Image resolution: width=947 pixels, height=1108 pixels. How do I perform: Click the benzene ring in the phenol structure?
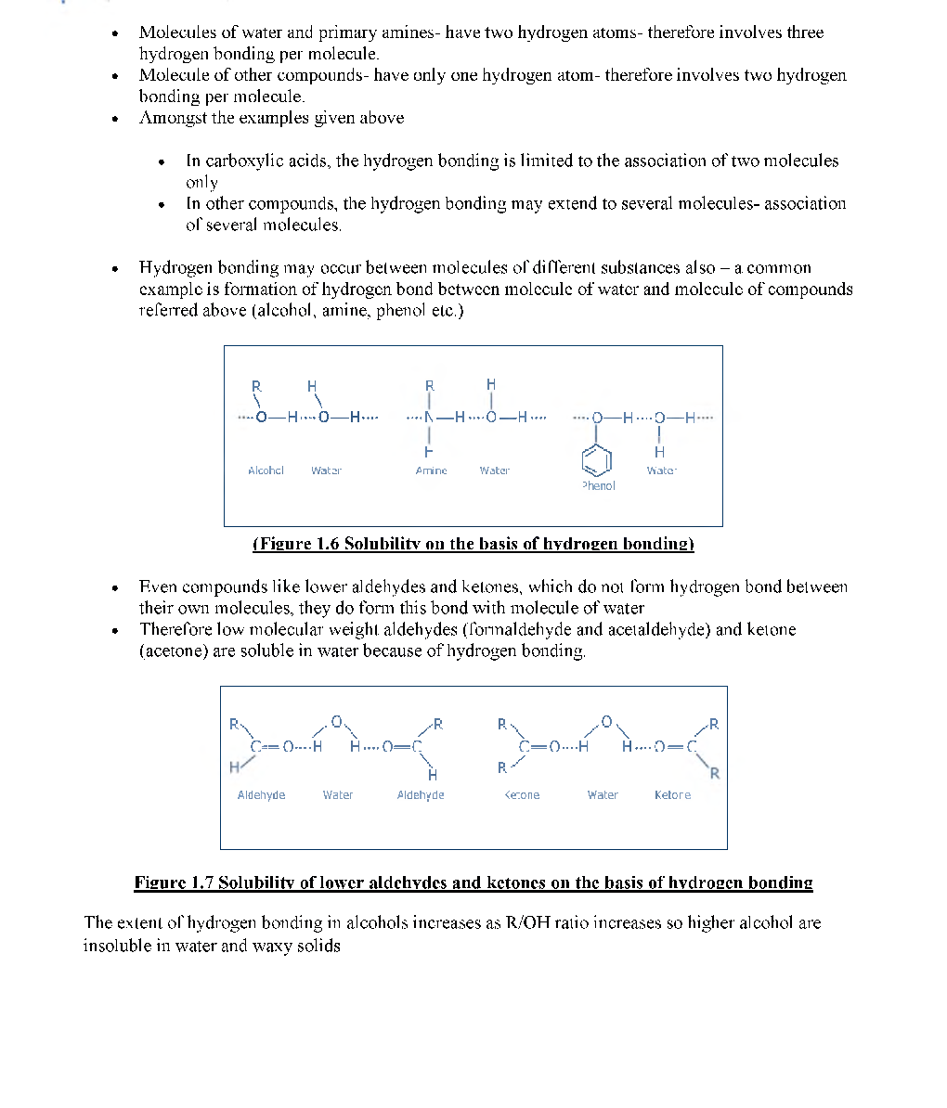[x=598, y=459]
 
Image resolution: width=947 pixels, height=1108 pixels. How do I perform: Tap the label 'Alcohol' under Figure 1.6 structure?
[x=266, y=470]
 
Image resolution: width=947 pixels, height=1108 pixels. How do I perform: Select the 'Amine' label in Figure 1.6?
[x=431, y=470]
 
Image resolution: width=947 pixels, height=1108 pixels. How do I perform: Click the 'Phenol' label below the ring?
[x=598, y=485]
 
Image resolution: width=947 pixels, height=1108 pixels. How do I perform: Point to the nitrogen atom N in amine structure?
[x=429, y=418]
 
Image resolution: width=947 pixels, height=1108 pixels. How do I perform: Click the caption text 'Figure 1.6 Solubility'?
[x=473, y=544]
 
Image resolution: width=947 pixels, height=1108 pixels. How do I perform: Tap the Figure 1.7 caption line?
[x=473, y=883]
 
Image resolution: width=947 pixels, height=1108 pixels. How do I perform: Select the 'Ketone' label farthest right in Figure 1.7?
[x=672, y=795]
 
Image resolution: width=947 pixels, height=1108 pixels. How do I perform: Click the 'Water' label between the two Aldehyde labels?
[x=338, y=795]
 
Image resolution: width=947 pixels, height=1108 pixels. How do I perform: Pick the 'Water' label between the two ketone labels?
[x=603, y=795]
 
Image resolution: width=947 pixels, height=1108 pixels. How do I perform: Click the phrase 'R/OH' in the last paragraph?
[x=526, y=923]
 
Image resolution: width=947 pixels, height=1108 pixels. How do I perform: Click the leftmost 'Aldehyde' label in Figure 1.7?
[x=261, y=795]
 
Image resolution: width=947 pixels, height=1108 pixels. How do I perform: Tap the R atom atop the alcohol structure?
[x=256, y=386]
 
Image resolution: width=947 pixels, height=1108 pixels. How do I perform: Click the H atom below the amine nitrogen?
[x=429, y=452]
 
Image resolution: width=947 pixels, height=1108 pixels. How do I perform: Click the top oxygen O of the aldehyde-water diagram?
[x=337, y=721]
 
